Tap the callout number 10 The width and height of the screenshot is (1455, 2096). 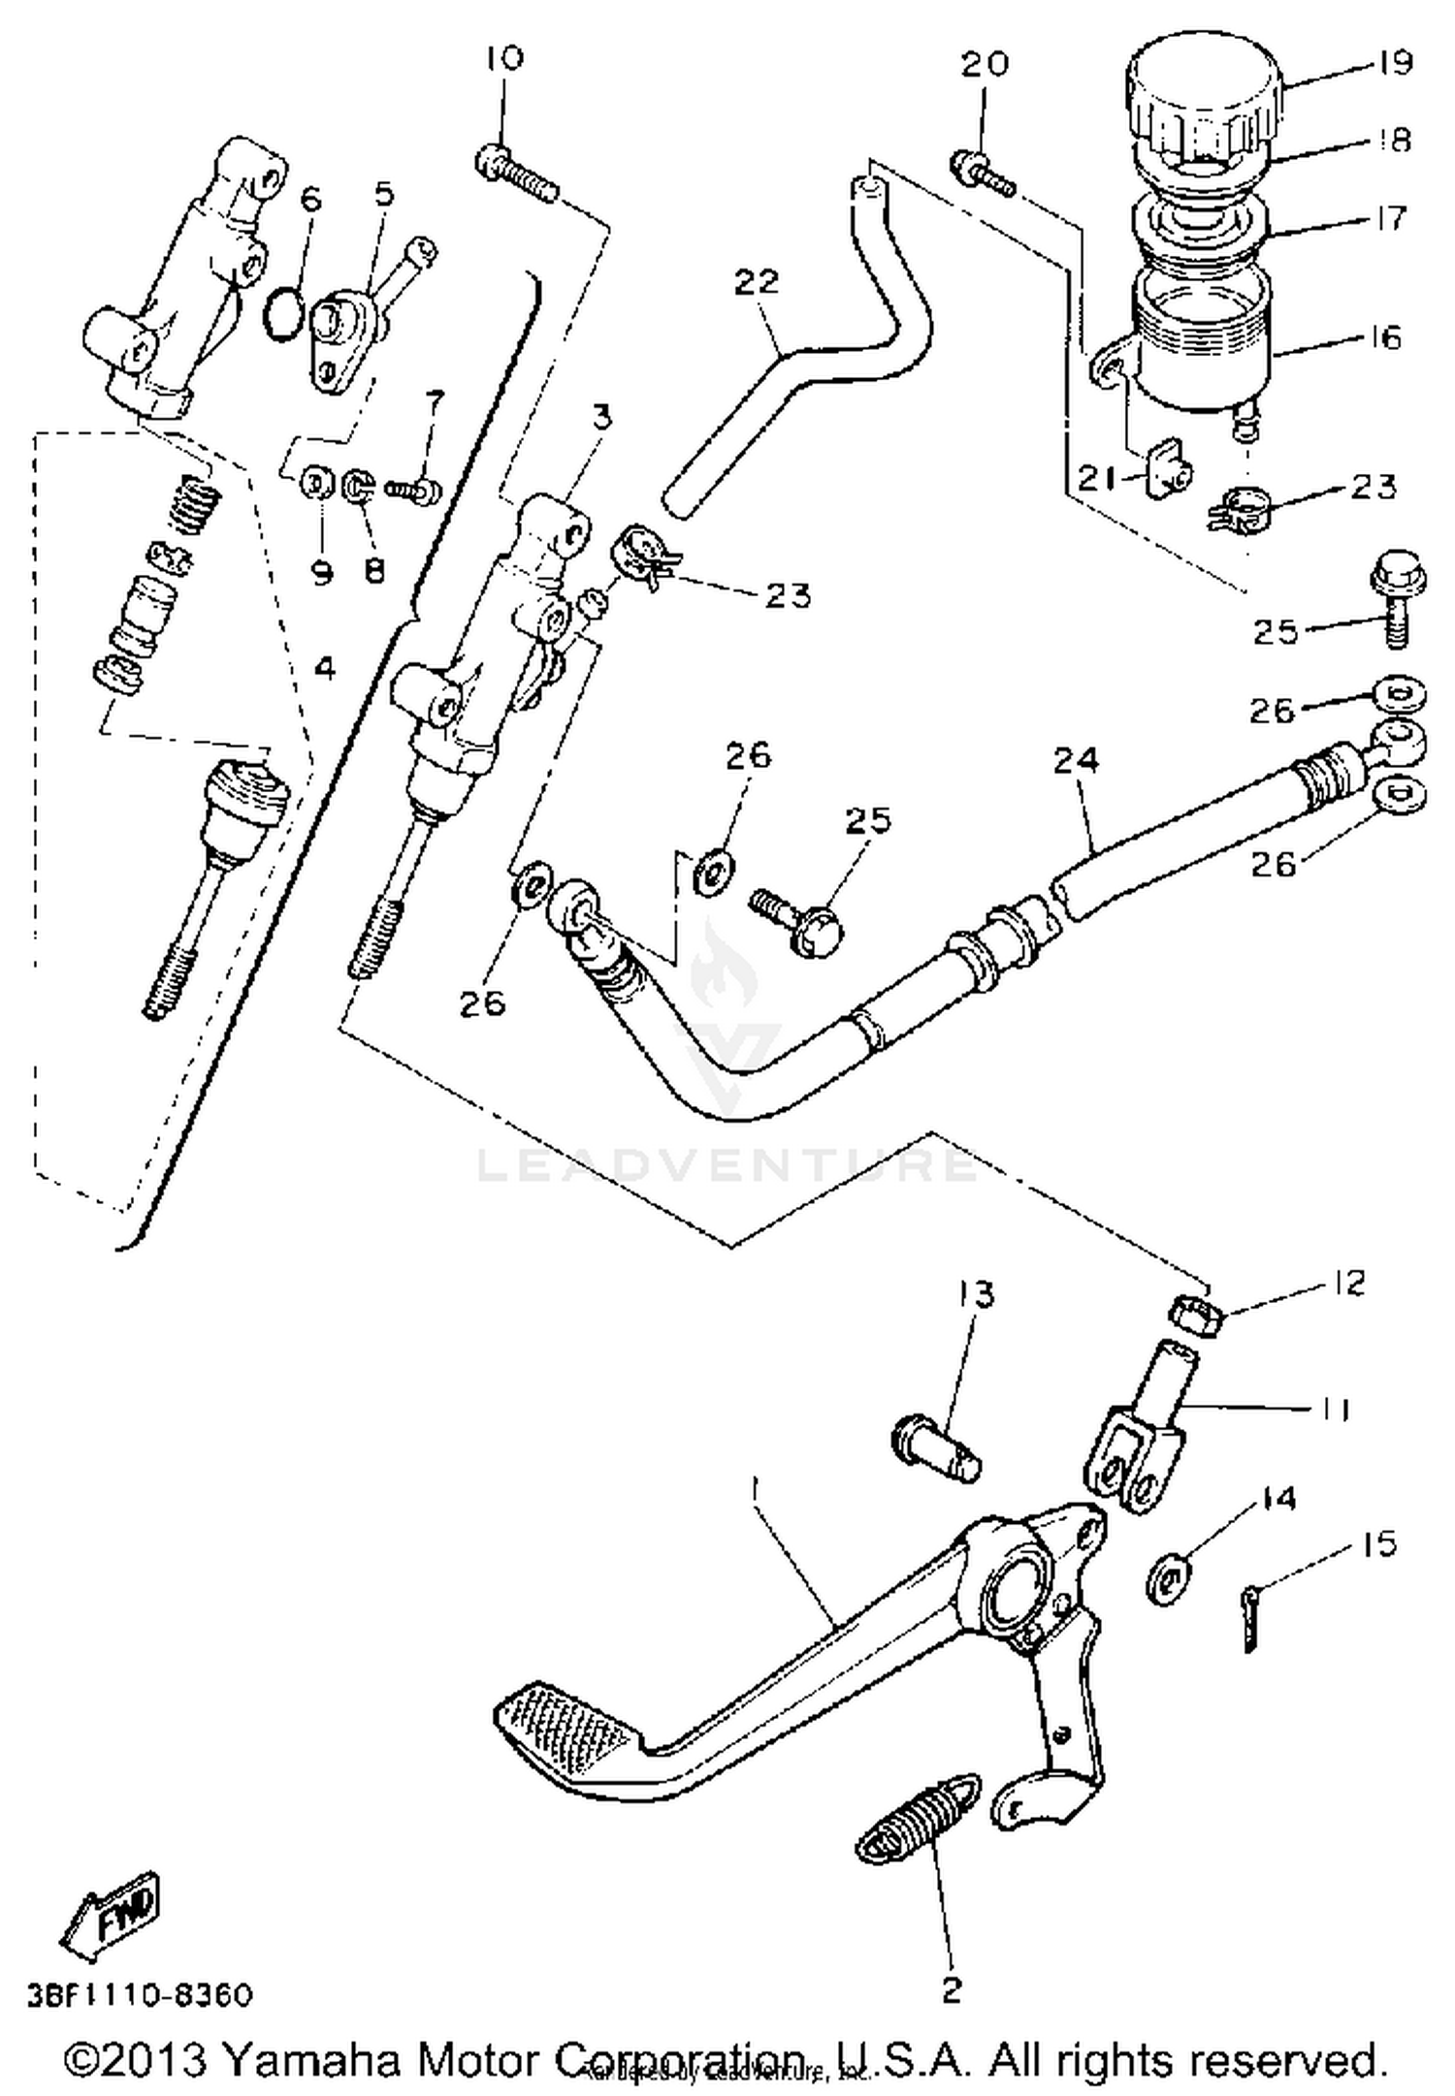[x=503, y=58]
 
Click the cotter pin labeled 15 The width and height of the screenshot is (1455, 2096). [x=1251, y=1631]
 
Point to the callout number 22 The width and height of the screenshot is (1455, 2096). [x=757, y=281]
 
